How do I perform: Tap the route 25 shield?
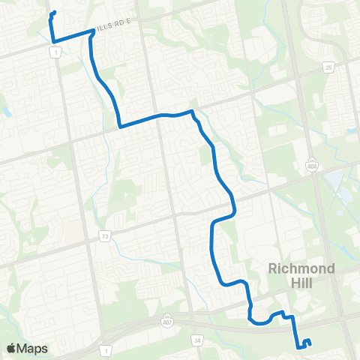point(329,68)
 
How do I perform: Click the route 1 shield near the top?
point(54,50)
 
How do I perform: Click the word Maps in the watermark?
point(33,348)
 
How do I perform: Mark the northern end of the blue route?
point(55,12)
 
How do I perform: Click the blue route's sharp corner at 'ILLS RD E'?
point(92,31)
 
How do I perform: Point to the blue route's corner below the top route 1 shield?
point(53,40)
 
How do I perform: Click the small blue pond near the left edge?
point(6,110)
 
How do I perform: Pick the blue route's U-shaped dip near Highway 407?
point(259,324)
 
